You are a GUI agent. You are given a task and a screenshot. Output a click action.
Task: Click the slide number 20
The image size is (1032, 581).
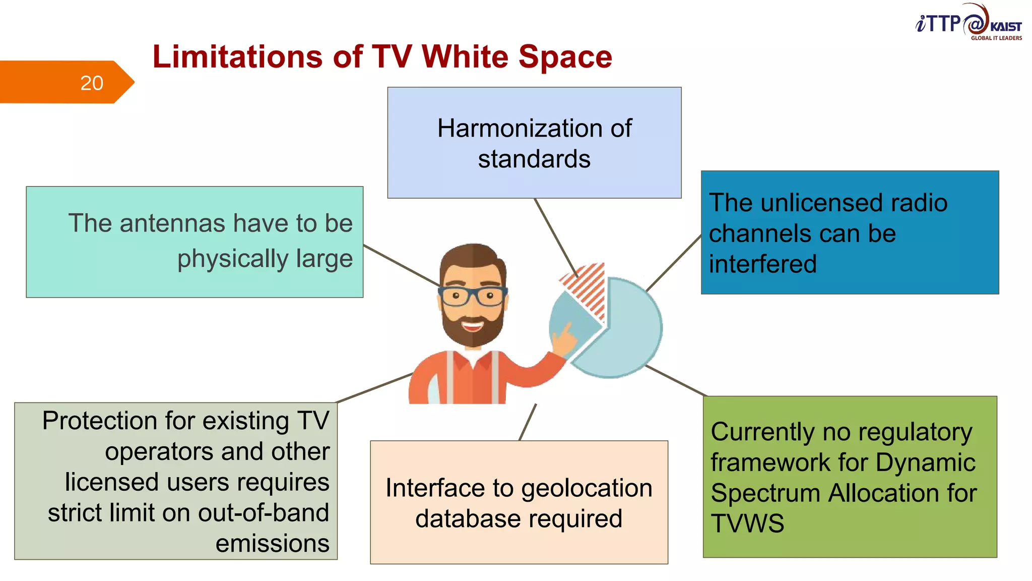(92, 83)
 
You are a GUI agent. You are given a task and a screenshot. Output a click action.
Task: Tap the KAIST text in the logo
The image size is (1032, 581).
(1005, 27)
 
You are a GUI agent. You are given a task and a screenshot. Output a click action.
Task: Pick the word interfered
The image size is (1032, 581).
(762, 264)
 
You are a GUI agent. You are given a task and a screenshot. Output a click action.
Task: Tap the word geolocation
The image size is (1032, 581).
(587, 488)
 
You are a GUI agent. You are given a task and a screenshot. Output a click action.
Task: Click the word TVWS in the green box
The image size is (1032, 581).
(747, 524)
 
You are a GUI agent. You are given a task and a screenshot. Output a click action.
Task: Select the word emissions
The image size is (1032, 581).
(272, 543)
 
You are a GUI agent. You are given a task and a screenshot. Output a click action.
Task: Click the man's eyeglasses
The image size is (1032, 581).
(472, 296)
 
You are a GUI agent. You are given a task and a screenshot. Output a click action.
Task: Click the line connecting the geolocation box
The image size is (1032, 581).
(528, 422)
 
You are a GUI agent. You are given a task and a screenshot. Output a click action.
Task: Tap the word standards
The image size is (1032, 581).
(534, 159)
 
